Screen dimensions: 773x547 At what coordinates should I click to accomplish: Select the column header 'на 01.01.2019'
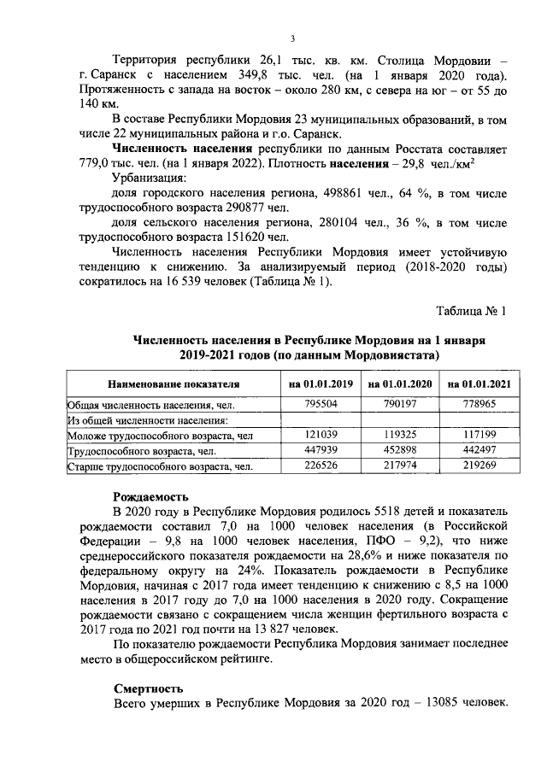click(320, 384)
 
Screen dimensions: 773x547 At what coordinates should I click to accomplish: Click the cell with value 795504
click(320, 404)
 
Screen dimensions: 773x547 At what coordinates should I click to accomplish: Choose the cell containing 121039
click(320, 435)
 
